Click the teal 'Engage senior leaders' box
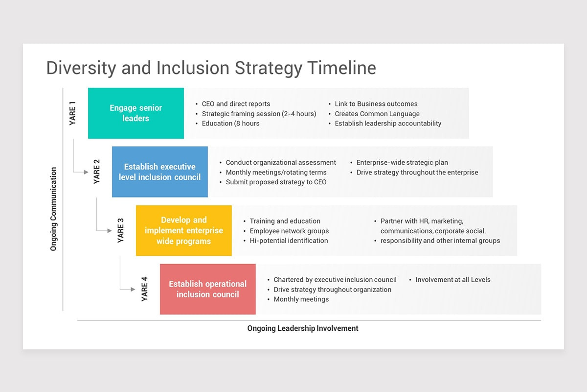[135, 113]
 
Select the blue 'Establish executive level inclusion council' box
[159, 172]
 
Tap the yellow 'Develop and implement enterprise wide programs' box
[183, 230]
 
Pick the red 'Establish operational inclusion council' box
[207, 289]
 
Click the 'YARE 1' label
[73, 113]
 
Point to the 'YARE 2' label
[97, 172]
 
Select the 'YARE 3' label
[121, 230]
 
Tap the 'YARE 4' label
[145, 289]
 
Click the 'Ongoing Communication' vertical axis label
[54, 209]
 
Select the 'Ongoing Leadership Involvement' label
[303, 328]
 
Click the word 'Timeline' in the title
[341, 68]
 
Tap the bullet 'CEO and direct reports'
[236, 104]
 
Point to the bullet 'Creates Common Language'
[377, 114]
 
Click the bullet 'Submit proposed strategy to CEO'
[276, 182]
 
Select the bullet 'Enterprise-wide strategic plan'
[402, 162]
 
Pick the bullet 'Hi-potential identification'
[289, 241]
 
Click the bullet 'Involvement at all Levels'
[452, 280]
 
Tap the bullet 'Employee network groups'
[289, 231]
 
